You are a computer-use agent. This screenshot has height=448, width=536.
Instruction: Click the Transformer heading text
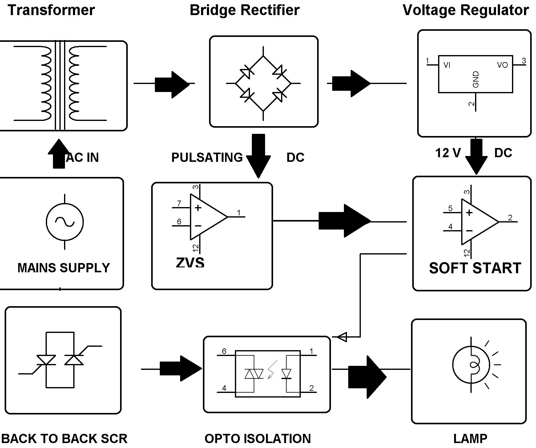point(51,10)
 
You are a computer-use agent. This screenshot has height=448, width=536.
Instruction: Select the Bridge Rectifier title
point(244,10)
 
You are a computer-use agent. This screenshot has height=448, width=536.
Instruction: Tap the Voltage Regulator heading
point(465,10)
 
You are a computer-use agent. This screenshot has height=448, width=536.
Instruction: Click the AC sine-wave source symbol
point(65,222)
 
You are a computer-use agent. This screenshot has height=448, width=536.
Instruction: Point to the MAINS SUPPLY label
point(63,268)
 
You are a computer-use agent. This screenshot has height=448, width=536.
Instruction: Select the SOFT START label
point(475,268)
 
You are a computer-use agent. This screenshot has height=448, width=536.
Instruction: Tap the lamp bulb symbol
point(471,365)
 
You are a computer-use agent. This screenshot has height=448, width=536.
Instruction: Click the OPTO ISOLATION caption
point(258,438)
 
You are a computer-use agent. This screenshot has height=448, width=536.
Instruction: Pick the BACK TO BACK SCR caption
point(64,438)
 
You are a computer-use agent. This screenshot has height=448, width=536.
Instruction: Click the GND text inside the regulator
point(476,79)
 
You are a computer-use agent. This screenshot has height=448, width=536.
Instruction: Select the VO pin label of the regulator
point(502,65)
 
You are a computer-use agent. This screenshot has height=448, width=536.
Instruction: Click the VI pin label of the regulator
point(447,65)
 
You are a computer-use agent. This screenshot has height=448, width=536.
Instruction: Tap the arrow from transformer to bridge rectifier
point(172,84)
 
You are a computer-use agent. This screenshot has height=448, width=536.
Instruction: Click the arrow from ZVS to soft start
point(344,221)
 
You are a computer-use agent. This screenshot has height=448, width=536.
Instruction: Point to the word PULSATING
point(207,158)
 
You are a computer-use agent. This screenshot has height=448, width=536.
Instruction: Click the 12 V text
point(448,153)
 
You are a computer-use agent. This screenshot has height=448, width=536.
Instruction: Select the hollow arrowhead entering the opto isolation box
point(342,337)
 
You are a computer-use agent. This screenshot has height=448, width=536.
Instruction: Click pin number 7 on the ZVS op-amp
point(179,203)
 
